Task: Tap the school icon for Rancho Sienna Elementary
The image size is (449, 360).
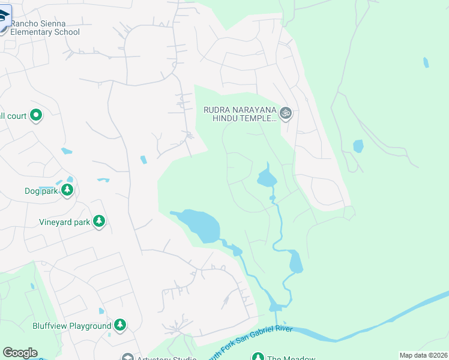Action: click(2, 16)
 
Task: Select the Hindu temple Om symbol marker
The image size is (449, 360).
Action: click(286, 113)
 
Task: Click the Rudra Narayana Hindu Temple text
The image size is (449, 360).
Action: click(240, 114)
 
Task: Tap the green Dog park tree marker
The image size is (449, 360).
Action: click(67, 191)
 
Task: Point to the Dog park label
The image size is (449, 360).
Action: click(41, 191)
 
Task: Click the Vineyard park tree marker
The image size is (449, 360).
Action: click(99, 222)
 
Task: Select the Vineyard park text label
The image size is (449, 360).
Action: click(64, 222)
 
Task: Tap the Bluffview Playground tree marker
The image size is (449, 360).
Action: click(121, 325)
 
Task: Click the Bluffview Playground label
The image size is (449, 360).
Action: click(72, 326)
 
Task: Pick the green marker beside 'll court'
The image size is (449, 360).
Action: click(36, 115)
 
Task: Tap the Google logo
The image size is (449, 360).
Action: click(19, 353)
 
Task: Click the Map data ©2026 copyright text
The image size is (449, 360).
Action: click(423, 355)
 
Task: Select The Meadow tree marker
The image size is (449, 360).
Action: click(258, 358)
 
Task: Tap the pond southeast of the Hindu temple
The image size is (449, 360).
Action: click(266, 178)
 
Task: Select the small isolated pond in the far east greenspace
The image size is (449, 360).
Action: click(358, 146)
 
